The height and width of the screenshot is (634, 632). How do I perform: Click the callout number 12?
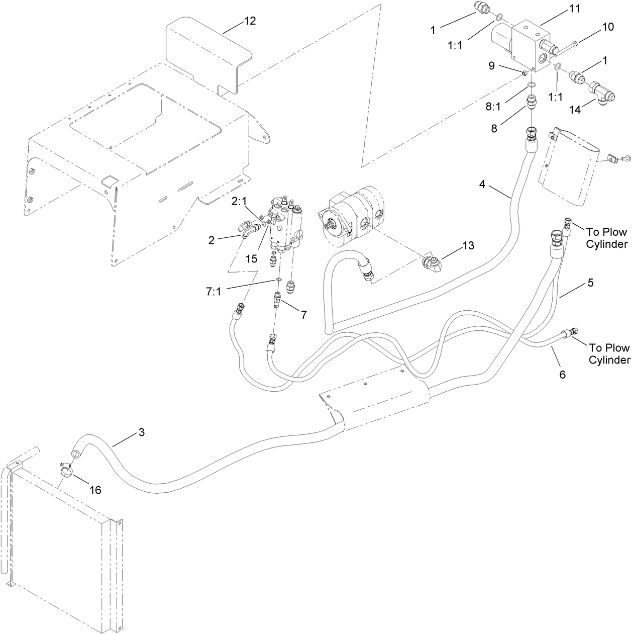tap(250, 21)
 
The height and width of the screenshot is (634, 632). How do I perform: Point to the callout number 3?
tap(142, 432)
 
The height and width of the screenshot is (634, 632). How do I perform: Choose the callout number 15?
tap(251, 258)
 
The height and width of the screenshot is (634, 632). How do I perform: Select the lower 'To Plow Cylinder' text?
tap(609, 353)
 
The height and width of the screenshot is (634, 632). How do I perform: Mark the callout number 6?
tap(562, 375)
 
